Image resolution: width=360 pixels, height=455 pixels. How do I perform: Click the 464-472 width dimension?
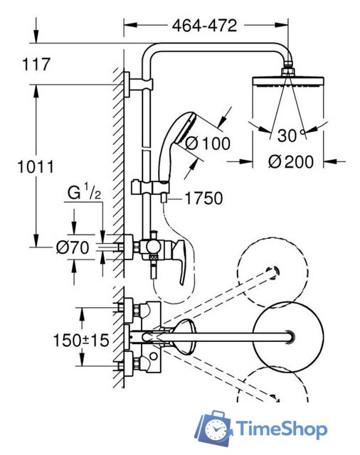[204, 26]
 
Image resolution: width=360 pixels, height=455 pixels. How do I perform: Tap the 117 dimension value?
[36, 64]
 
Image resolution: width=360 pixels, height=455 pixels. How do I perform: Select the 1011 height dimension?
[36, 167]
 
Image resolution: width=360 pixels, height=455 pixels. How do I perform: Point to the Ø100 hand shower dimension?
[208, 144]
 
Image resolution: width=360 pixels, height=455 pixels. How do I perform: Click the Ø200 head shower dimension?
[291, 161]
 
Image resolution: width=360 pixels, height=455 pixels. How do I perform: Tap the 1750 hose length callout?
[203, 198]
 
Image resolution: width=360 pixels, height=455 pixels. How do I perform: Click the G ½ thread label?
[84, 192]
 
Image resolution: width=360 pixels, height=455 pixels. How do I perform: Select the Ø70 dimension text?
[73, 248]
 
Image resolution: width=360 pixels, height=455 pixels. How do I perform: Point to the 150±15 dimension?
[81, 340]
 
